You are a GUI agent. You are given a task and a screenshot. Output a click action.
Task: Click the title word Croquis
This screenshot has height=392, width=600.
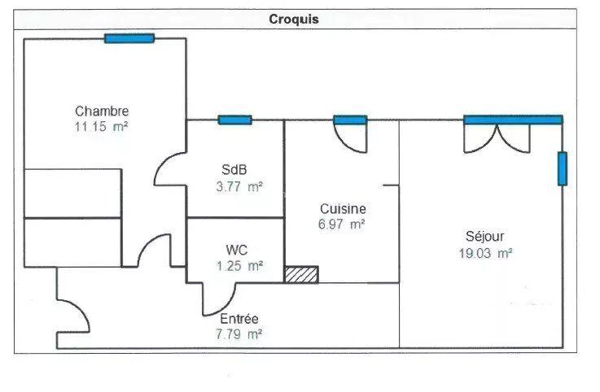(294, 20)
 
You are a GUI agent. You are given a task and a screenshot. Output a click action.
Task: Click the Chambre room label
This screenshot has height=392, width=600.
(102, 111)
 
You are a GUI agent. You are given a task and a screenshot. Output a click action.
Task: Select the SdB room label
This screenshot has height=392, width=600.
(234, 170)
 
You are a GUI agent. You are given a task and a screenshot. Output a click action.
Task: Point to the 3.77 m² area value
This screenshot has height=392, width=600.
(235, 186)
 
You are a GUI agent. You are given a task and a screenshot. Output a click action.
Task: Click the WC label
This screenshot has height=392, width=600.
(237, 250)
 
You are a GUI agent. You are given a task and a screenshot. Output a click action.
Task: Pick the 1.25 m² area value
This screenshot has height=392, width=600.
(236, 265)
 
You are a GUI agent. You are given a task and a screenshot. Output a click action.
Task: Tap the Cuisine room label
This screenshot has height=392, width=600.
(342, 209)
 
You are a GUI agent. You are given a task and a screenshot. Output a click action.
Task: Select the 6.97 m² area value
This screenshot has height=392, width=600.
(342, 224)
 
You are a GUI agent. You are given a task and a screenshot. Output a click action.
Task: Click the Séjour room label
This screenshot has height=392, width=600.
(485, 237)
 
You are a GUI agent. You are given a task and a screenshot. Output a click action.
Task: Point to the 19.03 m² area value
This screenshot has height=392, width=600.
(485, 252)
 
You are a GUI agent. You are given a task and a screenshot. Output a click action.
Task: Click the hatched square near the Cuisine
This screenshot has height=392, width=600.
(301, 275)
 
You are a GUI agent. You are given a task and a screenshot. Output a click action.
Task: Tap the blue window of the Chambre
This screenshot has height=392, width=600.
(129, 37)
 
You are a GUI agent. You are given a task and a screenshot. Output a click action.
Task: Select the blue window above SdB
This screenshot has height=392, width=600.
(234, 120)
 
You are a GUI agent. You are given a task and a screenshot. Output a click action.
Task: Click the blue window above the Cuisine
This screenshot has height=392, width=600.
(350, 120)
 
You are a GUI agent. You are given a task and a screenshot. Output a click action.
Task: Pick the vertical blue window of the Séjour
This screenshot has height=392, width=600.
(562, 168)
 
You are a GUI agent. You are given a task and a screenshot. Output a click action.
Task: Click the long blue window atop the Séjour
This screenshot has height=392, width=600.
(513, 120)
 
